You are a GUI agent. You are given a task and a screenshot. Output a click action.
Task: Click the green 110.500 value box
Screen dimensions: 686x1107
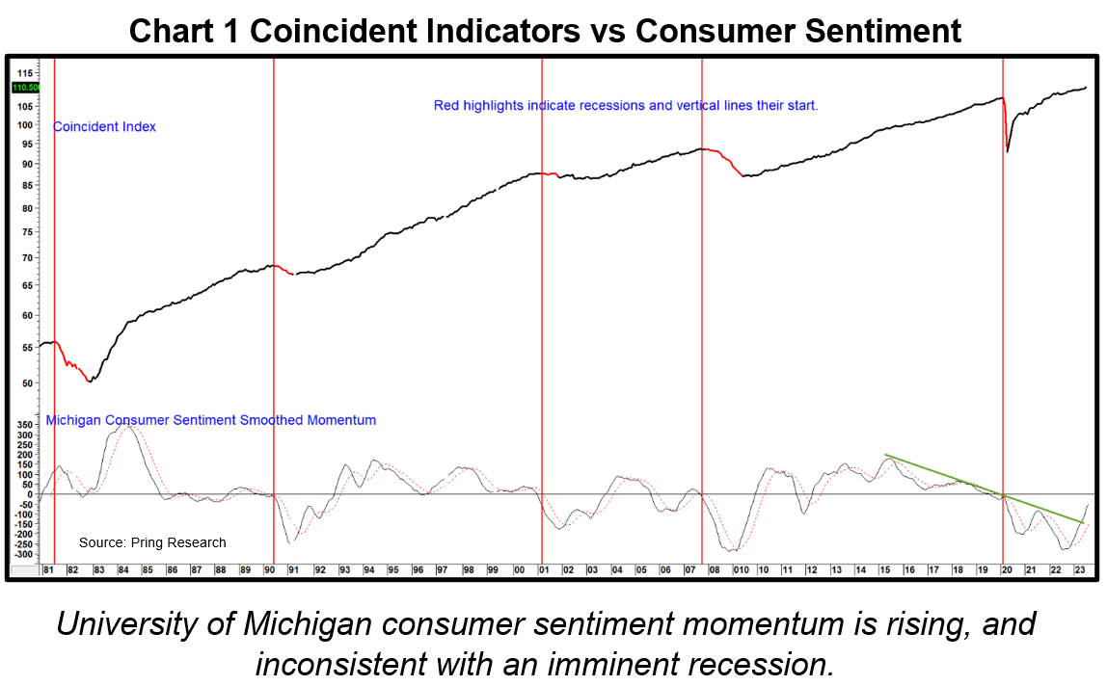[25, 88]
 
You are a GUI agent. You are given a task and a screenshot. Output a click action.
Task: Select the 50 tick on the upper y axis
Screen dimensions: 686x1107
[28, 383]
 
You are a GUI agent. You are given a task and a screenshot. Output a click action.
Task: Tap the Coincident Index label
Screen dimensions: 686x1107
[104, 126]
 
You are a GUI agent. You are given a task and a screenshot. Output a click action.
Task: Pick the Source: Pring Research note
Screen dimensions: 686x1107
[152, 542]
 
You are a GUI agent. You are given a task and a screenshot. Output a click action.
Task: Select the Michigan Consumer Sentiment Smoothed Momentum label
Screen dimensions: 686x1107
[210, 420]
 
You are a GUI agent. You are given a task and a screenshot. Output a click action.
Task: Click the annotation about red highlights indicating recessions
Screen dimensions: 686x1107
[626, 105]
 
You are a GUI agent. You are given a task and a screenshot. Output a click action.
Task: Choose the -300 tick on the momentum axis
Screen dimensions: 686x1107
[23, 554]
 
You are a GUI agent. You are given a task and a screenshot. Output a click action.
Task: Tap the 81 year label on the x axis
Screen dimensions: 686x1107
[46, 570]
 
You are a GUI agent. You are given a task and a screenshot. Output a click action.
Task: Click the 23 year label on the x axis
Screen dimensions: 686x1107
[1082, 570]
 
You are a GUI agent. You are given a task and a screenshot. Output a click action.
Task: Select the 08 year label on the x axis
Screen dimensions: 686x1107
[715, 570]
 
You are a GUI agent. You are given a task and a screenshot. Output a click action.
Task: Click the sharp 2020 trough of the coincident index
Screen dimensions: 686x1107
[1008, 151]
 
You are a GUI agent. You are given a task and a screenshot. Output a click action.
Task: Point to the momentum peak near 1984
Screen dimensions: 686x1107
[125, 425]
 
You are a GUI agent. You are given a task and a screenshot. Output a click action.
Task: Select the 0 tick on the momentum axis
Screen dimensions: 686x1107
[30, 494]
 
